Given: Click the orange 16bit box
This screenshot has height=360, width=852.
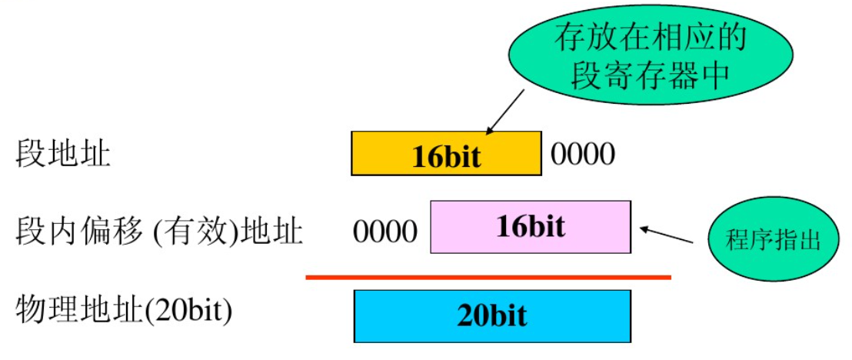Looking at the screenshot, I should click(x=446, y=154).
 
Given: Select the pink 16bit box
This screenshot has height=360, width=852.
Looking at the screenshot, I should click(x=531, y=227).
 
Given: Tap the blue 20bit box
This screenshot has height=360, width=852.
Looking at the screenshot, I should click(x=492, y=316).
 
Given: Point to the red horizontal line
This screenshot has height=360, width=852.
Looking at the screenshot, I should click(x=488, y=277).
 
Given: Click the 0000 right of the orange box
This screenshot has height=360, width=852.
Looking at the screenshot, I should click(x=583, y=155).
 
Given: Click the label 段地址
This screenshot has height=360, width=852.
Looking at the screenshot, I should click(x=63, y=155).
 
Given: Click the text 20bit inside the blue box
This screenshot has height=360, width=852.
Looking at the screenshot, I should click(x=492, y=316).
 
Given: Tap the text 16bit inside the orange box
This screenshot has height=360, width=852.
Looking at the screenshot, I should click(x=446, y=157).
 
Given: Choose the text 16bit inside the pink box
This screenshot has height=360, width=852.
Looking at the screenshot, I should click(x=531, y=227).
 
